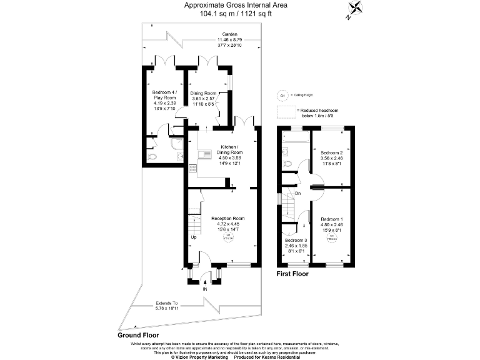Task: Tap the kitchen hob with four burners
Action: coord(192,167)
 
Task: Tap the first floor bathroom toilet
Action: coord(288,164)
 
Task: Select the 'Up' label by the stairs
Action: coord(194,238)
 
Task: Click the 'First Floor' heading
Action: coord(292,274)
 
